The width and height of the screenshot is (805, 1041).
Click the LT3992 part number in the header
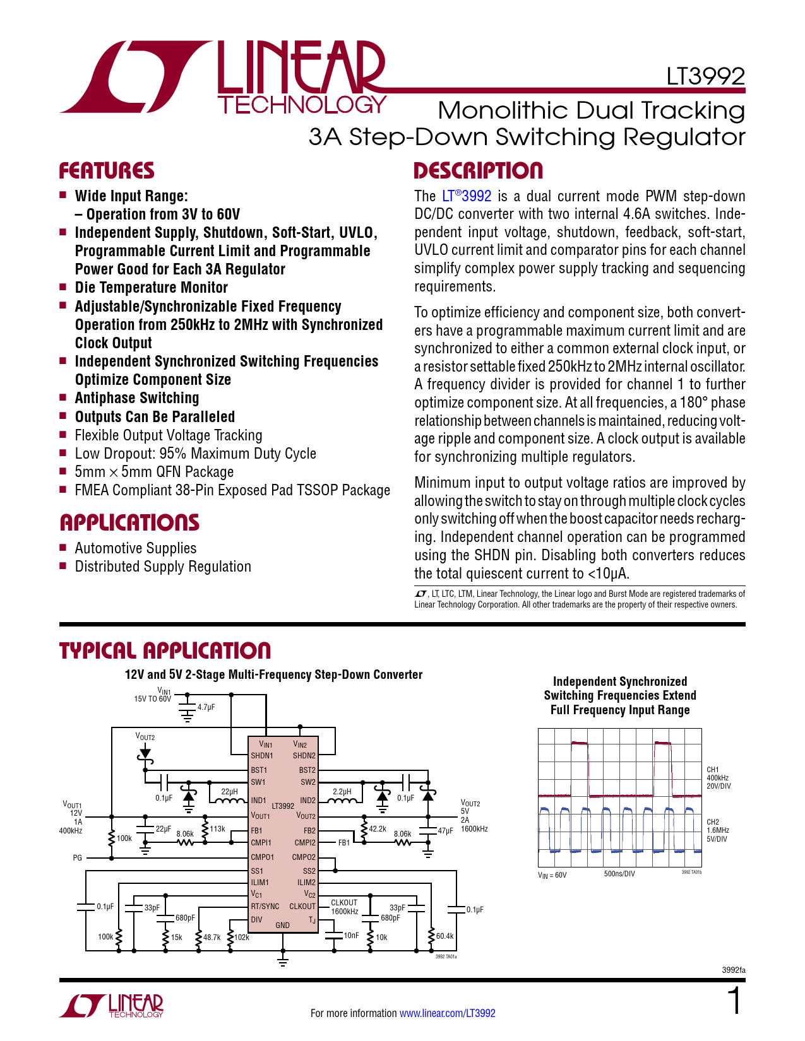pyautogui.click(x=705, y=77)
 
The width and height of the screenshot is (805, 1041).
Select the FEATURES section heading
pyautogui.click(x=107, y=171)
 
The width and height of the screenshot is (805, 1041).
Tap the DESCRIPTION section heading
pyautogui.click(x=478, y=171)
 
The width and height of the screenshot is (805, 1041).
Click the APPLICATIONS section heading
pyautogui.click(x=129, y=522)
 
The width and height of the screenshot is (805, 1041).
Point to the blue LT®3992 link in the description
pyautogui.click(x=467, y=196)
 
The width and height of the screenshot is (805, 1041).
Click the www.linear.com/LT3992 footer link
pyautogui.click(x=447, y=1013)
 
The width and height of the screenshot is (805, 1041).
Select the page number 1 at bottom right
pyautogui.click(x=734, y=1001)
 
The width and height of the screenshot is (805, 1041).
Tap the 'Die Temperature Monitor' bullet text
pyautogui.click(x=151, y=288)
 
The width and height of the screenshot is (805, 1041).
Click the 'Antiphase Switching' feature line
pyautogui.click(x=136, y=398)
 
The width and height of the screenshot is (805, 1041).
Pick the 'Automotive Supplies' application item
pyautogui.click(x=135, y=548)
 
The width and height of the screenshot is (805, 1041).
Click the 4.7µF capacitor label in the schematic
pyautogui.click(x=206, y=707)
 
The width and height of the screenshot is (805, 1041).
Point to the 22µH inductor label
pyautogui.click(x=229, y=791)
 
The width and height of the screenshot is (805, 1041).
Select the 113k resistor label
pyautogui.click(x=217, y=828)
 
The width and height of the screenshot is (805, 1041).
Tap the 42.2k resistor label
pyautogui.click(x=378, y=828)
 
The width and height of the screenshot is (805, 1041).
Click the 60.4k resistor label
pyautogui.click(x=444, y=936)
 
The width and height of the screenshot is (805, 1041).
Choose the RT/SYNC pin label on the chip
pyautogui.click(x=265, y=907)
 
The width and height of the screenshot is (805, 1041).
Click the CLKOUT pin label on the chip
pyautogui.click(x=302, y=907)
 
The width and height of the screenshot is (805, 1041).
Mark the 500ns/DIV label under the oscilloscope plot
pyautogui.click(x=619, y=874)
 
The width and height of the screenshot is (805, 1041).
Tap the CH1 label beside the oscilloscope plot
pyautogui.click(x=712, y=770)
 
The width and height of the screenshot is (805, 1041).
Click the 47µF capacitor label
pyautogui.click(x=446, y=831)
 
